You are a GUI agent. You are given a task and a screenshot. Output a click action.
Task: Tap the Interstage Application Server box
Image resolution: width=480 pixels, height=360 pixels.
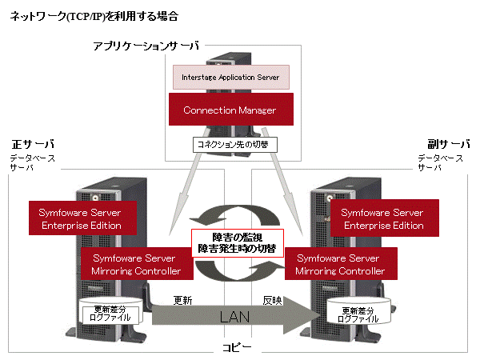(231, 78)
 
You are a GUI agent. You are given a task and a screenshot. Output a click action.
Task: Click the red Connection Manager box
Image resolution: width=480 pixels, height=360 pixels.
(230, 110)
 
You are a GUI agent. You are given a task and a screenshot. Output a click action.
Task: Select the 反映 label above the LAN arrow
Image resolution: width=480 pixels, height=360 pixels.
(272, 300)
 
